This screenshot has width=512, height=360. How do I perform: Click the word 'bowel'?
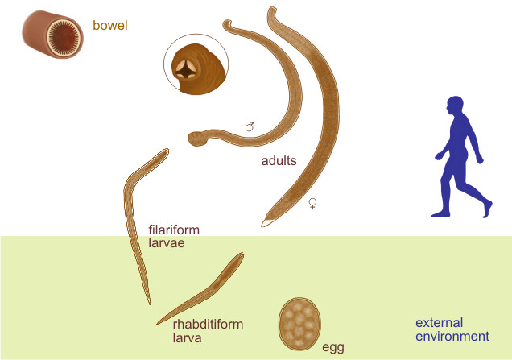click(x=111, y=26)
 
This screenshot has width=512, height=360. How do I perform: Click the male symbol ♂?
click(x=250, y=126)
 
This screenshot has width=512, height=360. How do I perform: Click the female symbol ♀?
click(x=312, y=205)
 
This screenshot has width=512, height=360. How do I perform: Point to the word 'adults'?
click(x=279, y=160)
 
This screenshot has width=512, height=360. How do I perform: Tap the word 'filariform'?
click(x=173, y=229)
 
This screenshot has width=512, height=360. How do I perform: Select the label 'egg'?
click(x=332, y=347)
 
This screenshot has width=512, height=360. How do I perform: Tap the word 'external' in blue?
click(x=436, y=322)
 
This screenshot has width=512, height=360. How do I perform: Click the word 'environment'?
click(x=452, y=337)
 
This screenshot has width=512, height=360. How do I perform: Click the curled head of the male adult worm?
click(x=196, y=139)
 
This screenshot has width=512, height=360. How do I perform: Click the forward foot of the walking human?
click(x=439, y=213)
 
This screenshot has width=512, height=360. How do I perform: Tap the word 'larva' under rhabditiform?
click(x=186, y=338)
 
